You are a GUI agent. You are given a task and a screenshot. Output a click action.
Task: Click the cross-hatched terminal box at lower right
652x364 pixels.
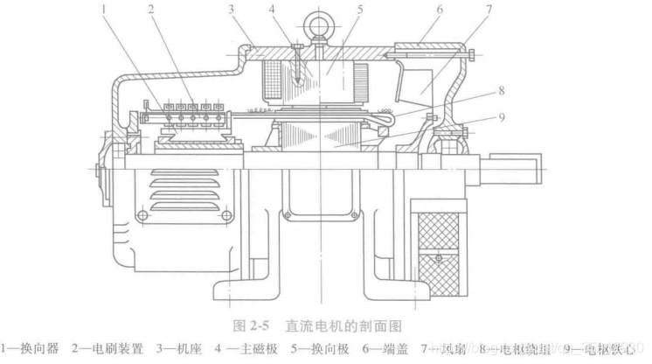tap(442, 240)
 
